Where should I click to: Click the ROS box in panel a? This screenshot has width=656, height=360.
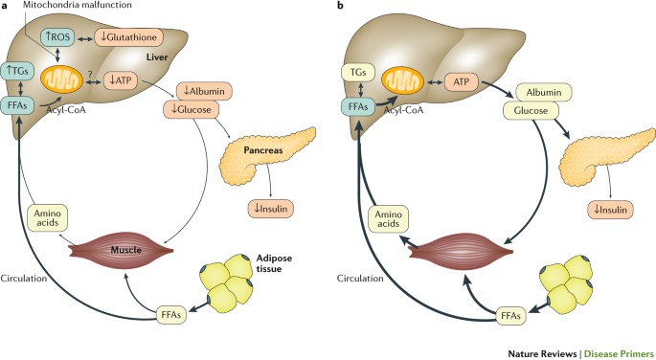click(57, 37)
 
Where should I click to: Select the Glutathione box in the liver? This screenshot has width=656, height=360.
click(129, 37)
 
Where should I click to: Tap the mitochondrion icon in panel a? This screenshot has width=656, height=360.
click(61, 79)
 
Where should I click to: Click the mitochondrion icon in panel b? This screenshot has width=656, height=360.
click(403, 80)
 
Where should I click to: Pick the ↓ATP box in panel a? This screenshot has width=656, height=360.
click(121, 80)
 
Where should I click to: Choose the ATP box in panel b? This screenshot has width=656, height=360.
click(462, 81)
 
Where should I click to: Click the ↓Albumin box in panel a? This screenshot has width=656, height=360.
click(204, 91)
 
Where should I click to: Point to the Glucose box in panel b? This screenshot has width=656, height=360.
click(531, 111)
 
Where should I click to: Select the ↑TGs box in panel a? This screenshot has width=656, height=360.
click(17, 71)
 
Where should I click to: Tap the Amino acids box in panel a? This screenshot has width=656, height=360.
click(47, 218)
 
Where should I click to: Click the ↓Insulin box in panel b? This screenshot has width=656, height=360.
click(613, 210)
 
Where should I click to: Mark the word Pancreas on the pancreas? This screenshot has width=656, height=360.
click(263, 150)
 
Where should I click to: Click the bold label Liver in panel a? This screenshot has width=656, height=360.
click(157, 56)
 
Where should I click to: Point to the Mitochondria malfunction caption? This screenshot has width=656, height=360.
click(78, 5)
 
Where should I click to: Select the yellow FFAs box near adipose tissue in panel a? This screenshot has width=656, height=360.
click(171, 315)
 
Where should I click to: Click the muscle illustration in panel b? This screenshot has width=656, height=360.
click(461, 251)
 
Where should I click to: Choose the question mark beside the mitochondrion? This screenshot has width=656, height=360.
click(90, 74)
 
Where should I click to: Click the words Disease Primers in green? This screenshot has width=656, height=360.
click(619, 353)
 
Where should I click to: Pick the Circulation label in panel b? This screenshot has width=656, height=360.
click(360, 278)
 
